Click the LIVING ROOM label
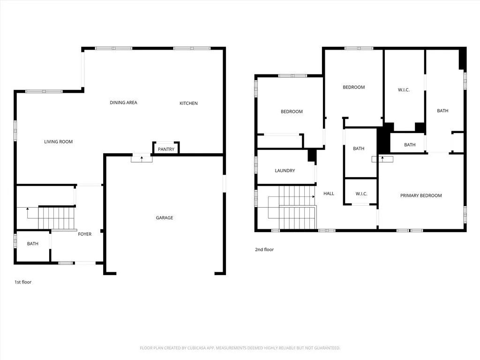tap(59, 142)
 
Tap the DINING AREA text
tap(123, 103)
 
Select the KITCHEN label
tap(188, 103)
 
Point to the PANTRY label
tap(166, 150)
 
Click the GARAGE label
tap(165, 217)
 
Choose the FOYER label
tap(85, 234)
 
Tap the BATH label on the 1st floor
tap(33, 244)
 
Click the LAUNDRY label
tap(285, 171)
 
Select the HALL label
tap(329, 193)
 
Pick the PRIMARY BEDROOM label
tap(421, 195)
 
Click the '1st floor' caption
tap(23, 282)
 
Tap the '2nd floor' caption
tap(264, 249)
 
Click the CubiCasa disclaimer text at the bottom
tap(240, 348)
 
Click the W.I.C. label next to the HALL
tap(361, 194)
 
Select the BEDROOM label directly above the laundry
tap(292, 112)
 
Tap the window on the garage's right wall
tap(224, 183)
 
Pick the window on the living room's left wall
tap(15, 130)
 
